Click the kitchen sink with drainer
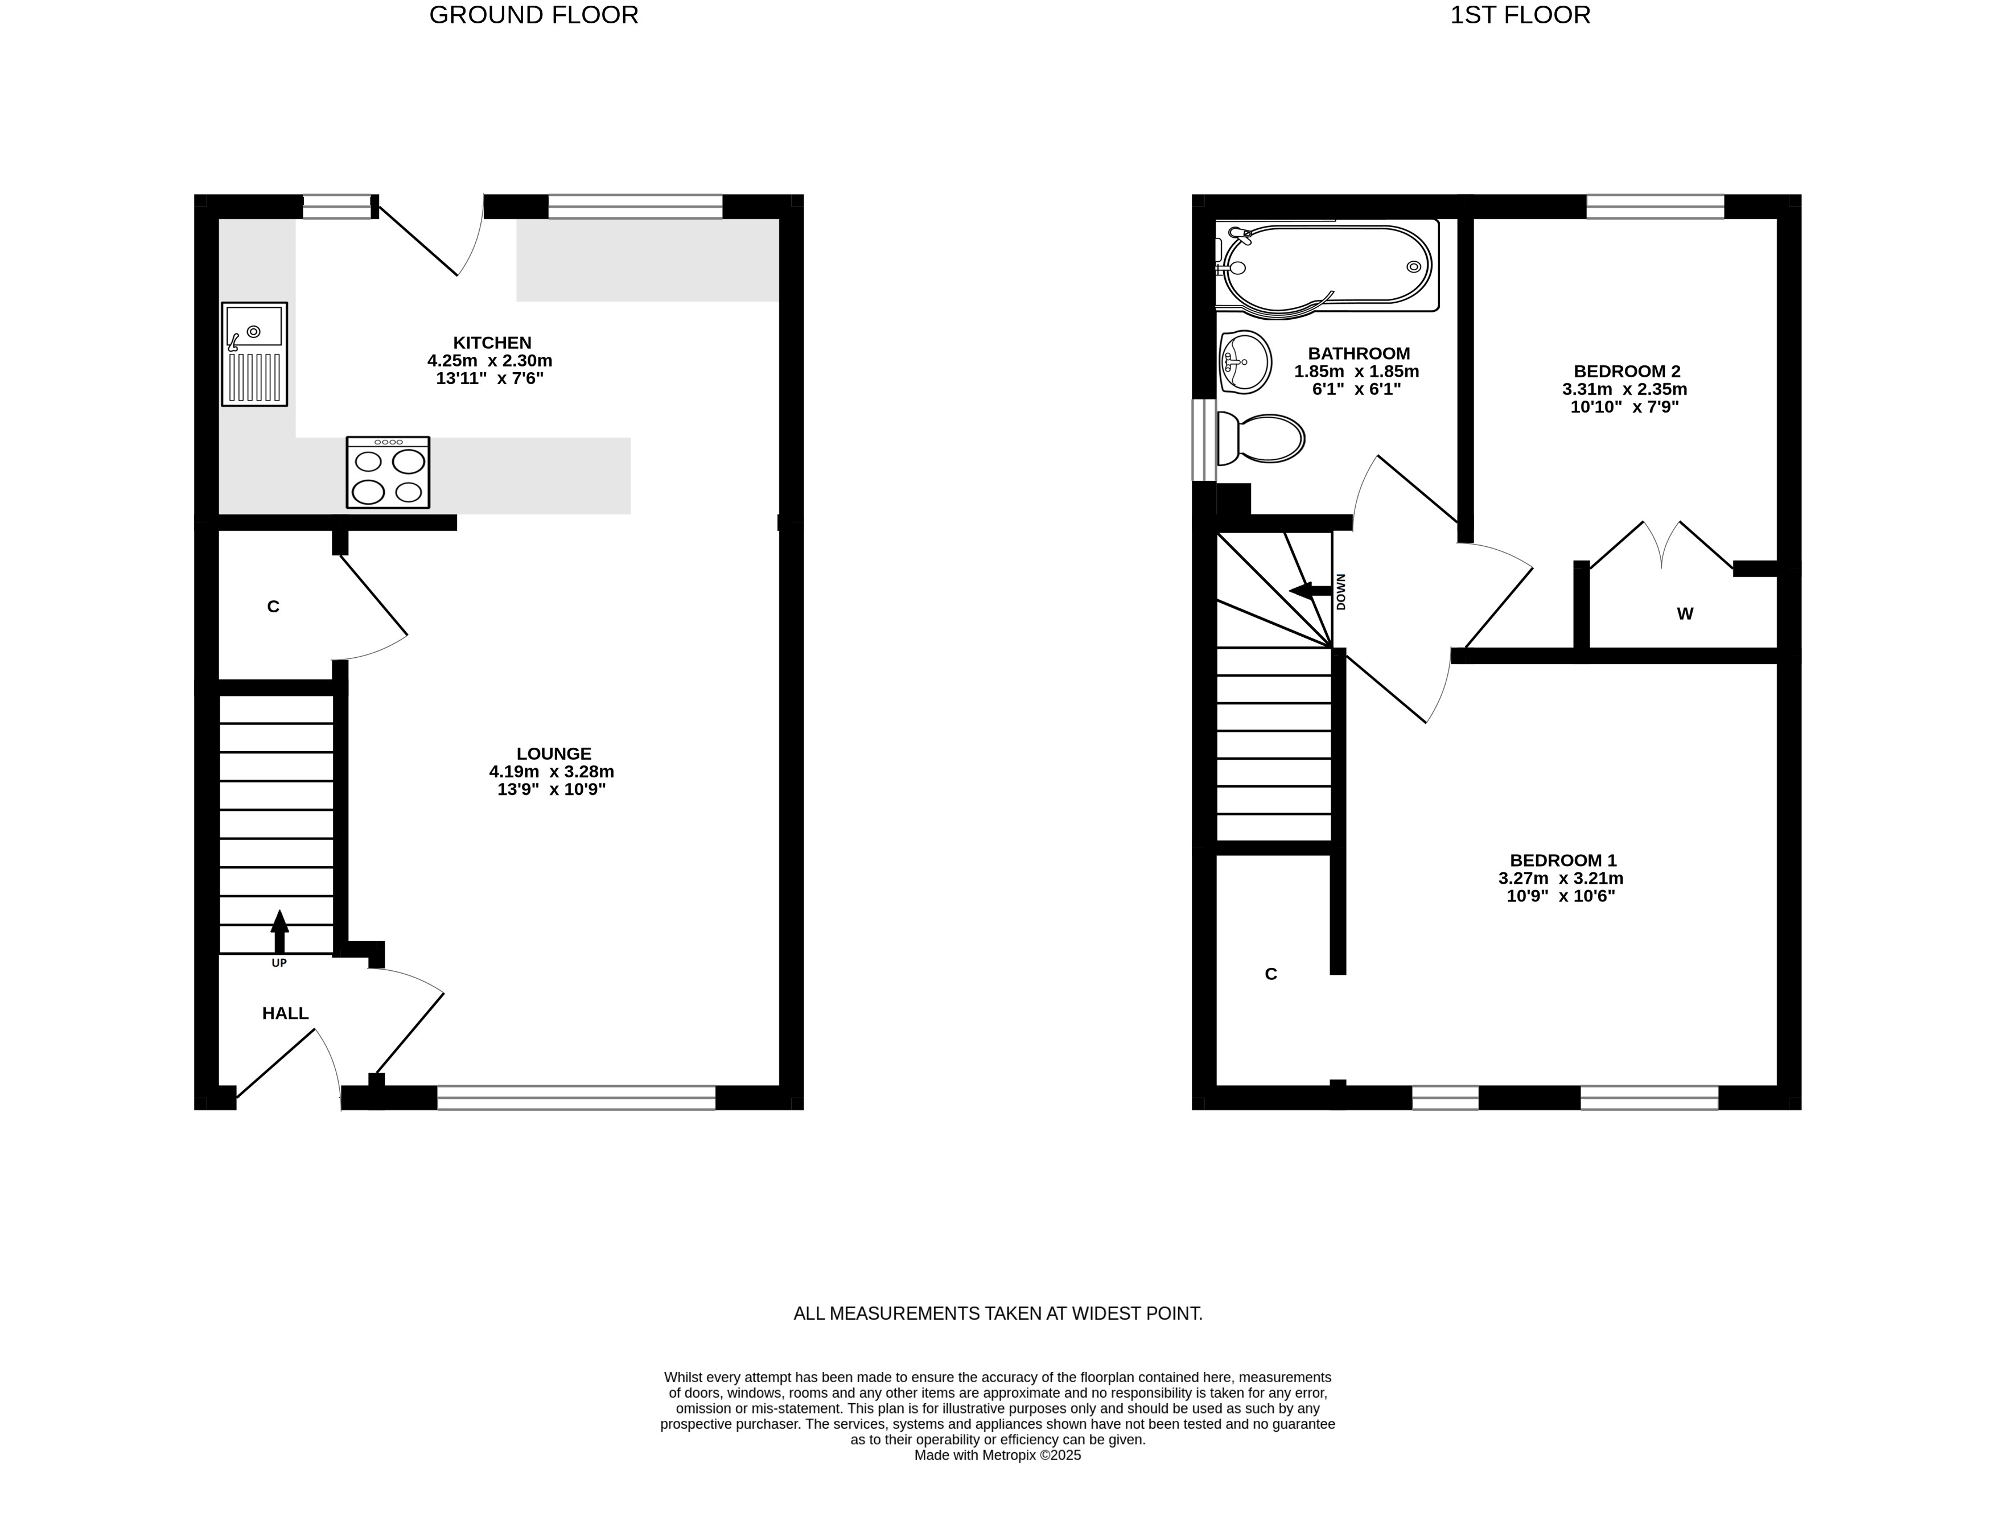(x=254, y=353)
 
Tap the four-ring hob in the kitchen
(x=388, y=472)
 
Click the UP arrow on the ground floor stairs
(x=279, y=932)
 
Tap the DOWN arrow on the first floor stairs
(x=1310, y=591)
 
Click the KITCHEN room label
(x=493, y=343)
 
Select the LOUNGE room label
(x=554, y=754)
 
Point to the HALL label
(x=285, y=1013)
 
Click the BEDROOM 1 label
(x=1563, y=861)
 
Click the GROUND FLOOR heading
(x=534, y=15)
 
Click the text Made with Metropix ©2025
(x=998, y=1456)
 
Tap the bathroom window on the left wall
(x=1204, y=439)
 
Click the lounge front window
(x=577, y=1098)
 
